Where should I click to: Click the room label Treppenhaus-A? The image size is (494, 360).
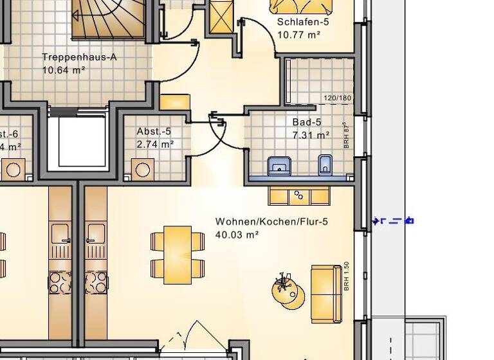coord(79,57)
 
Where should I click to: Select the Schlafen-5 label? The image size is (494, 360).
coord(303,21)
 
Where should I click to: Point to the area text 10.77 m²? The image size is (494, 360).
coord(299,34)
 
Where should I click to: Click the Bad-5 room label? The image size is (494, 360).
coord(307,122)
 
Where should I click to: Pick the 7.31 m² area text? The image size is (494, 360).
coord(311,135)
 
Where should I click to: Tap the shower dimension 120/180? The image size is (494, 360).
coord(338,98)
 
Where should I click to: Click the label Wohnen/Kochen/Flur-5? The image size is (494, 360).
coord(271,222)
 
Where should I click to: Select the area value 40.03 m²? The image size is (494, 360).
coord(237,235)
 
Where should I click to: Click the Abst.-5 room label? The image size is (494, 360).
coord(154,131)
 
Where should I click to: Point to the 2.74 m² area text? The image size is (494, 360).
coord(155,144)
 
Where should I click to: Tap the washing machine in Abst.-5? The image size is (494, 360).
coord(143,169)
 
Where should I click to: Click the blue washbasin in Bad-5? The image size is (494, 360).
coord(279,165)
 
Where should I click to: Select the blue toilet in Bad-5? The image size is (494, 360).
coord(325,165)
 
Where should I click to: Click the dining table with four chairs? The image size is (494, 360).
coord(178,255)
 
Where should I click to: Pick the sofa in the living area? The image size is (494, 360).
coord(326,294)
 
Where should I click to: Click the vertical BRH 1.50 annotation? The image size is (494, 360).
coord(346,276)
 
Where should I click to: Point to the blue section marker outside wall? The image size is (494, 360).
coord(393,221)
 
